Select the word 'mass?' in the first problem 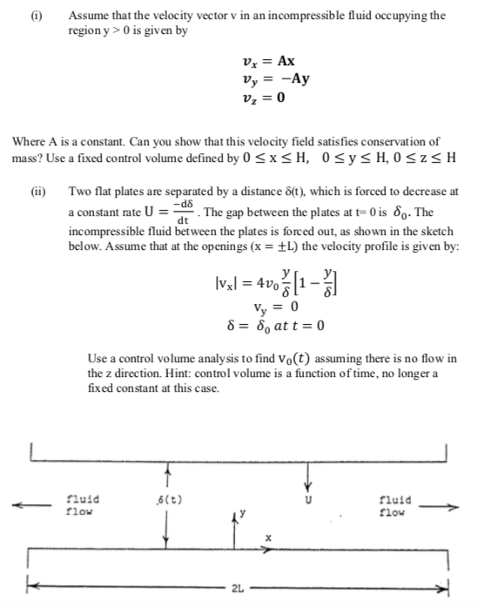[25, 154]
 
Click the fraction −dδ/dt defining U [182, 211]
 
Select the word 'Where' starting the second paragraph [26, 140]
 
